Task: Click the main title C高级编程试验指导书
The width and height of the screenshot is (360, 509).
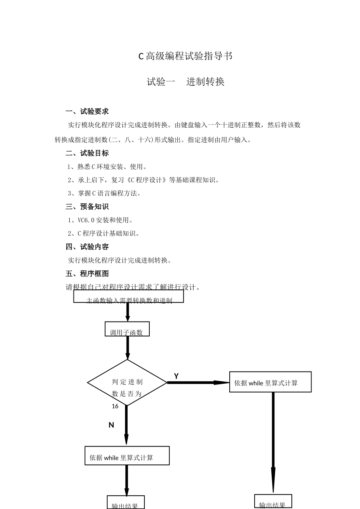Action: (x=185, y=56)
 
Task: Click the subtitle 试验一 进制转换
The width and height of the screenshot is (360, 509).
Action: (x=185, y=82)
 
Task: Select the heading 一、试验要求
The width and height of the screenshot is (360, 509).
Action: (x=87, y=111)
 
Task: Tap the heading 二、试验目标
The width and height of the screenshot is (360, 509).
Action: (x=87, y=153)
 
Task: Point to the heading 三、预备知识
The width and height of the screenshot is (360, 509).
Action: (x=87, y=207)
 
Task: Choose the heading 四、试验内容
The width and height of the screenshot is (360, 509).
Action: (x=87, y=247)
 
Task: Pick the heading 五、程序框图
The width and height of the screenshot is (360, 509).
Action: (x=87, y=274)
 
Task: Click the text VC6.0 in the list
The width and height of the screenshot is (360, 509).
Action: (x=86, y=220)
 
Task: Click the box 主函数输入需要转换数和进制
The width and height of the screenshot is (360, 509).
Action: (x=128, y=297)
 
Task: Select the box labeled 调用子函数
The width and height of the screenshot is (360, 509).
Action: (x=127, y=329)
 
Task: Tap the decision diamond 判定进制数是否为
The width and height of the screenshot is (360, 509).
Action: (x=127, y=383)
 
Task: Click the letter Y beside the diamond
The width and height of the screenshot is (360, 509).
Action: (x=176, y=376)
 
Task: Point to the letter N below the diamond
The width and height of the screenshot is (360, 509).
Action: (x=111, y=425)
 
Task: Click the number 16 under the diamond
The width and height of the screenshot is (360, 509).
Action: (x=115, y=406)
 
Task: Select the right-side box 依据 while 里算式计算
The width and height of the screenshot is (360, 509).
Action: (x=270, y=382)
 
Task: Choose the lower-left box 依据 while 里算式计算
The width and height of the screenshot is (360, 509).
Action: (x=127, y=456)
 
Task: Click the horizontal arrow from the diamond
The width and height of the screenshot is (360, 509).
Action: (x=197, y=383)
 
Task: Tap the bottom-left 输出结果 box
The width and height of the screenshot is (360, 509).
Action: (x=125, y=503)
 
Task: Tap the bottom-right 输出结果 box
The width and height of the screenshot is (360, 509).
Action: (x=273, y=501)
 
